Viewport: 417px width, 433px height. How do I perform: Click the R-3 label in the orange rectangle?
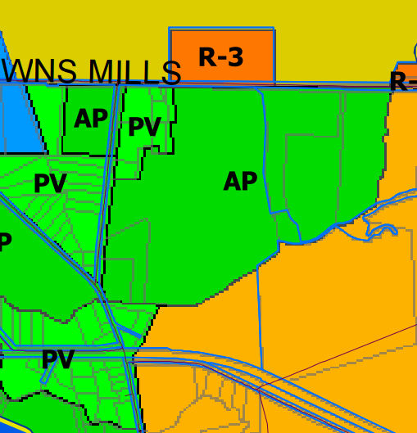pos(220,57)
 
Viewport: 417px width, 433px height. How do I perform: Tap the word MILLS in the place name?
pos(134,73)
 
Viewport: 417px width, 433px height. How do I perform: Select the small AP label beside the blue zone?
pos(90,120)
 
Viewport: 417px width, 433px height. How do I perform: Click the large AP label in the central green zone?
pos(240,182)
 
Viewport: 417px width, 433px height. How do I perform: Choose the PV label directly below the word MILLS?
pos(144,128)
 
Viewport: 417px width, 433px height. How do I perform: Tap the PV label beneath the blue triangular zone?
pos(50,184)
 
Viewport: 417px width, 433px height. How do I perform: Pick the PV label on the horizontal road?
pos(57,359)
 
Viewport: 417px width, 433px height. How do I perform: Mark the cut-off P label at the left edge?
pos(5,242)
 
